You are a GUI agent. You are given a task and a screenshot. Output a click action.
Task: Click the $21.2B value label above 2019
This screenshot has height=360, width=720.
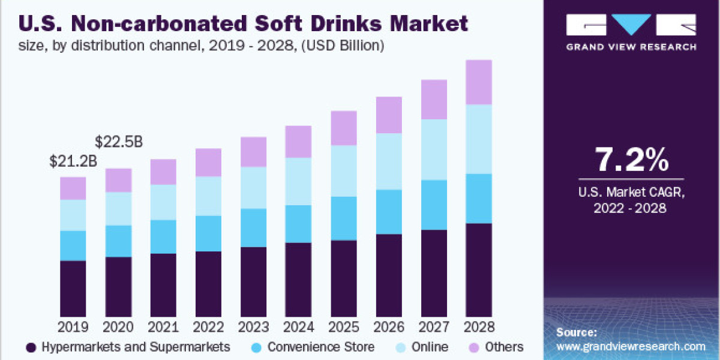pyautogui.click(x=72, y=161)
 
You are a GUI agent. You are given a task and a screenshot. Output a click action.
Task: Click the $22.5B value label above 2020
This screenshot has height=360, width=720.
pyautogui.click(x=118, y=142)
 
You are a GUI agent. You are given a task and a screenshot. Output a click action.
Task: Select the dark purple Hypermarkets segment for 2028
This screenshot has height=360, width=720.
pyautogui.click(x=478, y=269)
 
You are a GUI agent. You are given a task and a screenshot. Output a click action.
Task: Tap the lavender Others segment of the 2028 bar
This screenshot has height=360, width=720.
pyautogui.click(x=478, y=82)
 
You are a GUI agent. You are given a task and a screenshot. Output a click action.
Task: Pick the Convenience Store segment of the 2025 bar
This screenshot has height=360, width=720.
pyautogui.click(x=343, y=218)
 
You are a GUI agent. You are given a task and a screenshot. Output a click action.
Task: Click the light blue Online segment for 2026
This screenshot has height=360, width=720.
pyautogui.click(x=388, y=161)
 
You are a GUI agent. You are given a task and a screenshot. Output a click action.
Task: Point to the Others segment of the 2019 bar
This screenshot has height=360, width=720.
pyautogui.click(x=73, y=188)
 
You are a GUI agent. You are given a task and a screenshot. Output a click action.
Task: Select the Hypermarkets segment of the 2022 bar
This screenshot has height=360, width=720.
pyautogui.click(x=208, y=283)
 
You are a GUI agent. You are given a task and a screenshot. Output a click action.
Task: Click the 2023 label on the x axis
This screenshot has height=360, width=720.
pyautogui.click(x=253, y=328)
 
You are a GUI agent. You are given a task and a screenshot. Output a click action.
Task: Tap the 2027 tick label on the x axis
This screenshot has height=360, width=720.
pyautogui.click(x=433, y=328)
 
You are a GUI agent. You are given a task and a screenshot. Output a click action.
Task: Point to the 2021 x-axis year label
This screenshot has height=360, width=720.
pyautogui.click(x=163, y=328)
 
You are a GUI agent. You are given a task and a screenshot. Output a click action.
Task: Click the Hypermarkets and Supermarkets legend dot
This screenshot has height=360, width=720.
pyautogui.click(x=32, y=347)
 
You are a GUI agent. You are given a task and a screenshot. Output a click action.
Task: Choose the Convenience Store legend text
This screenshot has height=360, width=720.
pyautogui.click(x=320, y=347)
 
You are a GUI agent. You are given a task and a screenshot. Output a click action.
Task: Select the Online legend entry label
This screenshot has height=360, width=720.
pyautogui.click(x=430, y=347)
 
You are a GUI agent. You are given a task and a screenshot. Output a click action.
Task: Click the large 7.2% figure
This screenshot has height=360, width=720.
pyautogui.click(x=631, y=161)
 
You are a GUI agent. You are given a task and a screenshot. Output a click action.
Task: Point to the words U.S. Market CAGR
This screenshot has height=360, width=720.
pyautogui.click(x=631, y=192)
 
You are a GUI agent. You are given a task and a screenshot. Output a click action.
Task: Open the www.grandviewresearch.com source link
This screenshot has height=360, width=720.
pyautogui.click(x=631, y=346)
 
